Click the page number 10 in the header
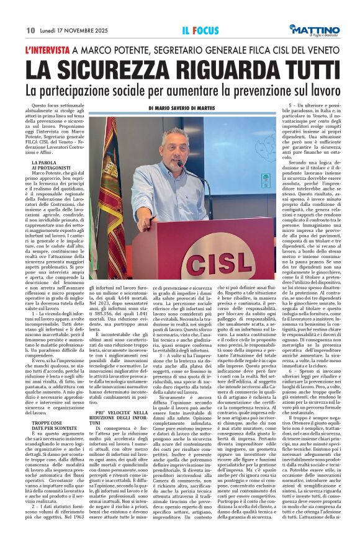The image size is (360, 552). [x=30, y=30]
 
